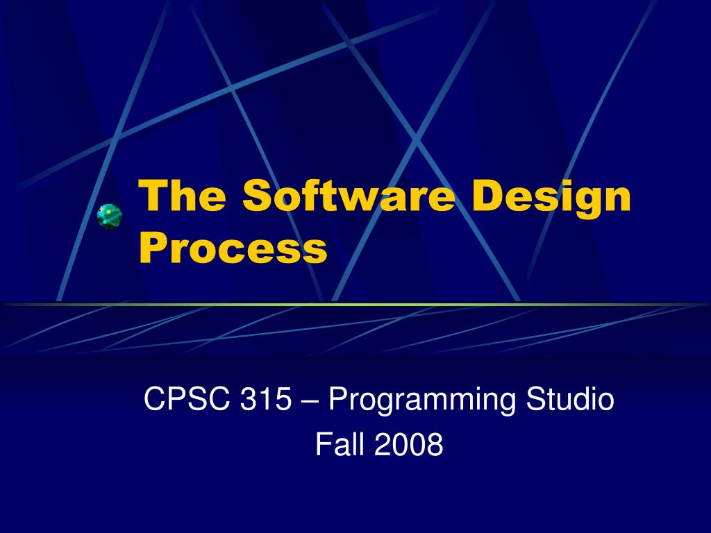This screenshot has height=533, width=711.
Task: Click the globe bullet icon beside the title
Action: pos(110,216)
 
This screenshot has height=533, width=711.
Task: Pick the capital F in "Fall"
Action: pos(323,445)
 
